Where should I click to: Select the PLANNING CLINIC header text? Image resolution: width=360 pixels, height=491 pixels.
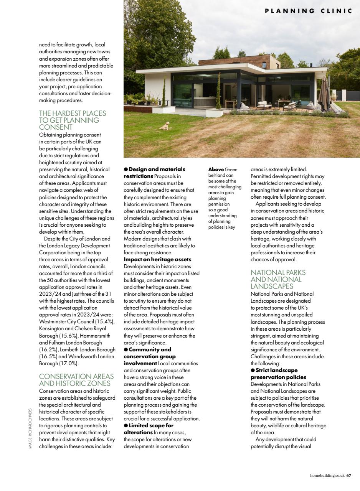(308, 11)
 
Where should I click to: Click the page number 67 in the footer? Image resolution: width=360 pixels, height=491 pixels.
(348, 476)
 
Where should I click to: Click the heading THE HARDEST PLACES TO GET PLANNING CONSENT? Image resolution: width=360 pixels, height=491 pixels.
(73, 120)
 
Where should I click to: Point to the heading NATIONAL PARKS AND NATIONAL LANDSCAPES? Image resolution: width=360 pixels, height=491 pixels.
(278, 279)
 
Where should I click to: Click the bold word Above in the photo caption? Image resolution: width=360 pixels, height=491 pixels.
(216, 169)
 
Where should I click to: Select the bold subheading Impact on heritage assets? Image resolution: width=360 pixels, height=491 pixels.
(157, 259)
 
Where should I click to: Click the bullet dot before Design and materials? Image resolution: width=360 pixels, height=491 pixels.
(126, 170)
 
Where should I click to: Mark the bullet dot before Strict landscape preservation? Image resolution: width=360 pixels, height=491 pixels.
(253, 371)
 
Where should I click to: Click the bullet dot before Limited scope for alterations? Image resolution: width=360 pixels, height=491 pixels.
(126, 426)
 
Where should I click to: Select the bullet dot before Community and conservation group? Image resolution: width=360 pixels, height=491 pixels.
(126, 350)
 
